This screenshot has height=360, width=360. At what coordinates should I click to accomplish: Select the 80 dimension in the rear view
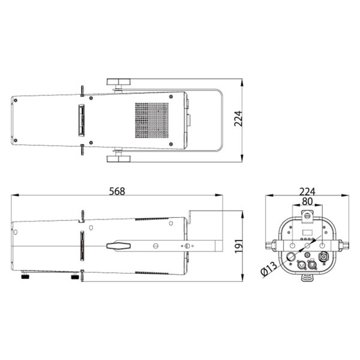[x=307, y=202]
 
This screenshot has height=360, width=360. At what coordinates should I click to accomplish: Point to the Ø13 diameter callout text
[x=270, y=269]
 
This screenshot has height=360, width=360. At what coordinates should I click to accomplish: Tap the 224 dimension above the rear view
[x=307, y=191]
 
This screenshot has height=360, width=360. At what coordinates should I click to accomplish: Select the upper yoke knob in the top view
[x=119, y=82]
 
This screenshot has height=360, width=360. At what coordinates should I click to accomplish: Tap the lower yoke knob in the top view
[x=119, y=158]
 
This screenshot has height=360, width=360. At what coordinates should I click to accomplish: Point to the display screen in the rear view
[x=307, y=232]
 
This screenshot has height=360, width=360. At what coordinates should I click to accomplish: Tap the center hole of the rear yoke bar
[x=307, y=245]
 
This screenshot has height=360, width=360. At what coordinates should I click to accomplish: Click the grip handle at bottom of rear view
[x=307, y=277]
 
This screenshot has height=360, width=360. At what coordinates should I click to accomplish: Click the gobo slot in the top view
[x=80, y=120]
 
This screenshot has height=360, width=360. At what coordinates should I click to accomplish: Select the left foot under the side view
[x=26, y=277]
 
